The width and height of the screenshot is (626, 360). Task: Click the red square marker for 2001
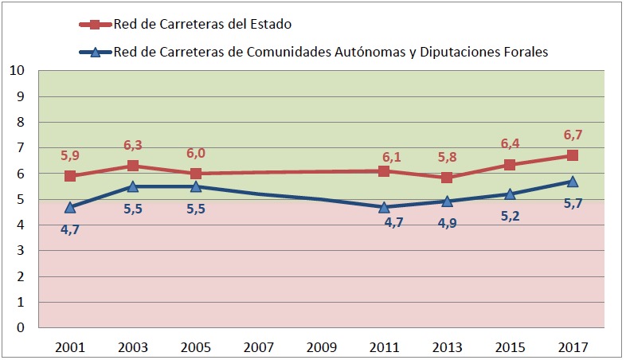tap(70, 176)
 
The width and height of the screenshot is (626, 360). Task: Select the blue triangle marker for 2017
tap(573, 182)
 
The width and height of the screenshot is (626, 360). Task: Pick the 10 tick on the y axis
tap(20, 71)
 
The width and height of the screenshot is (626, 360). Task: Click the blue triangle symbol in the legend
tap(95, 53)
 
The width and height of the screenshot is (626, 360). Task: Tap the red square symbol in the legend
tap(95, 24)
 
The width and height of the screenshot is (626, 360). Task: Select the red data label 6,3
tap(132, 145)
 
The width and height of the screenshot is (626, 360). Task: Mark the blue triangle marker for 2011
tap(384, 207)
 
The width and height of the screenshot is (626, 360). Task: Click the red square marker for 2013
tap(447, 178)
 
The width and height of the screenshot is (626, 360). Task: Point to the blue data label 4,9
tap(448, 225)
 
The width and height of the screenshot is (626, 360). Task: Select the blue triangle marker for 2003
tap(133, 186)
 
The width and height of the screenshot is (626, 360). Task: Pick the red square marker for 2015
tap(510, 165)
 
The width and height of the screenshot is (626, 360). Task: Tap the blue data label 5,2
tap(510, 216)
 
